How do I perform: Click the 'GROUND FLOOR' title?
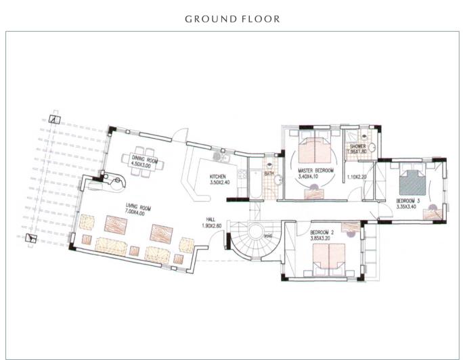tap(232, 19)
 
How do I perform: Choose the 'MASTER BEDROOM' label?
tap(315, 171)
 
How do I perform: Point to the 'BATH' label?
tap(269, 174)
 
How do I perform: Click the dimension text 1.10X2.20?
tap(357, 177)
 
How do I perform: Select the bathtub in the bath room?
tap(255, 180)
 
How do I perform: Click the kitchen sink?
tap(218, 157)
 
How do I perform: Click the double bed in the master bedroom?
tap(314, 147)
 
